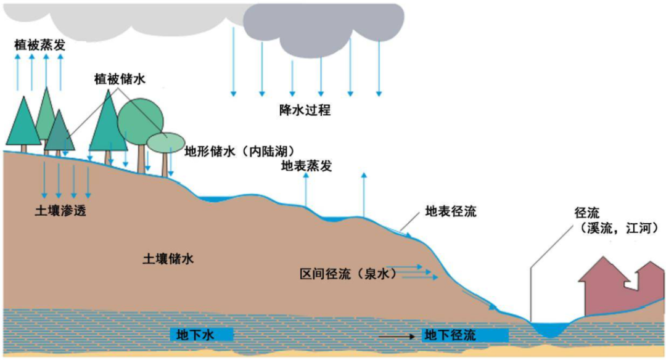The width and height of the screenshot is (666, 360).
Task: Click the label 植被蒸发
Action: click(41, 45)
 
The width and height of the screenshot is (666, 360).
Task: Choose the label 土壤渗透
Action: click(60, 211)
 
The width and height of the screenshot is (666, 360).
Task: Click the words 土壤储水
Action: click(168, 259)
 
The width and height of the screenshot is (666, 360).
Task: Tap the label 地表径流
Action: click(451, 212)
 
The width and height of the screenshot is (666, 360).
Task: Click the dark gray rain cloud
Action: click(324, 28)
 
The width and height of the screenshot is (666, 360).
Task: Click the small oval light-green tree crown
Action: click(165, 141)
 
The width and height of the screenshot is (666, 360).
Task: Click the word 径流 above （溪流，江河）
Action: click(586, 213)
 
